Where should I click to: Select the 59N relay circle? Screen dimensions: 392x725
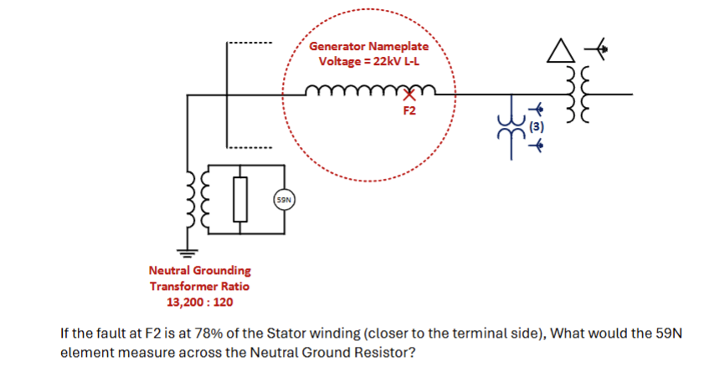coord(284,200)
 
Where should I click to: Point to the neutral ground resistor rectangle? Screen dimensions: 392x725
coord(241,199)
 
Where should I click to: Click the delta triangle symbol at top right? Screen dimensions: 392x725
coord(558,52)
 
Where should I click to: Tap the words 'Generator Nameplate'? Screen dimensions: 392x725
coord(368,47)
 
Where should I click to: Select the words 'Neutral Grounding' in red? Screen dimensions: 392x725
coord(199,271)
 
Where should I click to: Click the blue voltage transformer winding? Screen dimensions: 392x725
coord(509,128)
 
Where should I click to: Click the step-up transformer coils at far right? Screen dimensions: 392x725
coord(577,94)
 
